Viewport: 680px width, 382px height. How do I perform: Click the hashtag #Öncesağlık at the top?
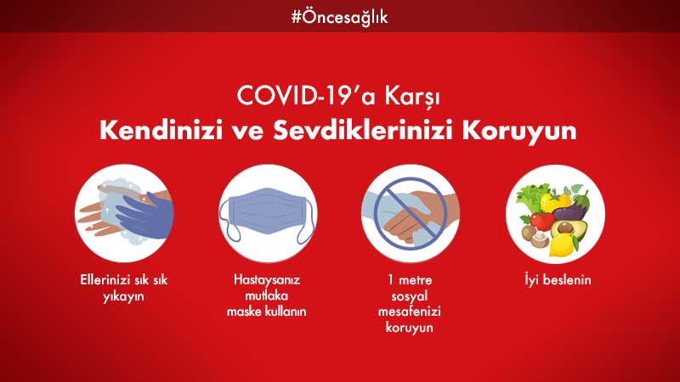[x=339, y=18]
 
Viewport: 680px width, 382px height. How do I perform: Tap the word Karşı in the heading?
[x=412, y=97]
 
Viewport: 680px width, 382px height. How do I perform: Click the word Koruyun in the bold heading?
[x=519, y=131]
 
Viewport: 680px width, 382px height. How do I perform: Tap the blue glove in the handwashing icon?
[x=145, y=215]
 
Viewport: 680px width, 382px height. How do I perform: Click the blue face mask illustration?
[x=268, y=215]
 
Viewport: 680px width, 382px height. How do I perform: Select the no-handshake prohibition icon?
[x=411, y=214]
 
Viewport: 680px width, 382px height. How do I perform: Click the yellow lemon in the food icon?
[x=563, y=245]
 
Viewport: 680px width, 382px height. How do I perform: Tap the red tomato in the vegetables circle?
[x=541, y=221]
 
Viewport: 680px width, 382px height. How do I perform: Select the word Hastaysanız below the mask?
[x=267, y=280]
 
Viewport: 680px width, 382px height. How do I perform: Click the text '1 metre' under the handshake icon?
[x=410, y=280]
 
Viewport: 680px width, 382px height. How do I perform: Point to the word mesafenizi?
[x=410, y=312]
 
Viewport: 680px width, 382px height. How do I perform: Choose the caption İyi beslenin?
[x=558, y=280]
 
